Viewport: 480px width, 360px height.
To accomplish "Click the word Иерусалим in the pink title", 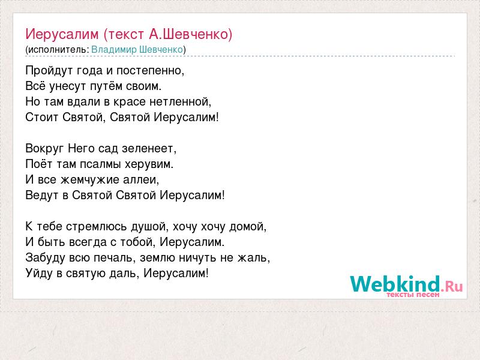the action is click(x=62, y=34).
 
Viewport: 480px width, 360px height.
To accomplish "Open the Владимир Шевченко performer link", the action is click(x=137, y=50).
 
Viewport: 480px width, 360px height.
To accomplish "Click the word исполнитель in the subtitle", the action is click(x=58, y=50).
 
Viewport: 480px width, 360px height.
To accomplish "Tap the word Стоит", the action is click(x=42, y=117).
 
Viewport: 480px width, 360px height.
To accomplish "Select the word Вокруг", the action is click(x=44, y=149).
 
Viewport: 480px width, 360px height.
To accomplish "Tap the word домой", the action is click(x=247, y=227).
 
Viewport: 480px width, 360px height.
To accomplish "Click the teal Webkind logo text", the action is click(x=395, y=283).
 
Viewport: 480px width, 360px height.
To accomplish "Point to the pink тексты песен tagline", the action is click(x=413, y=295).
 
